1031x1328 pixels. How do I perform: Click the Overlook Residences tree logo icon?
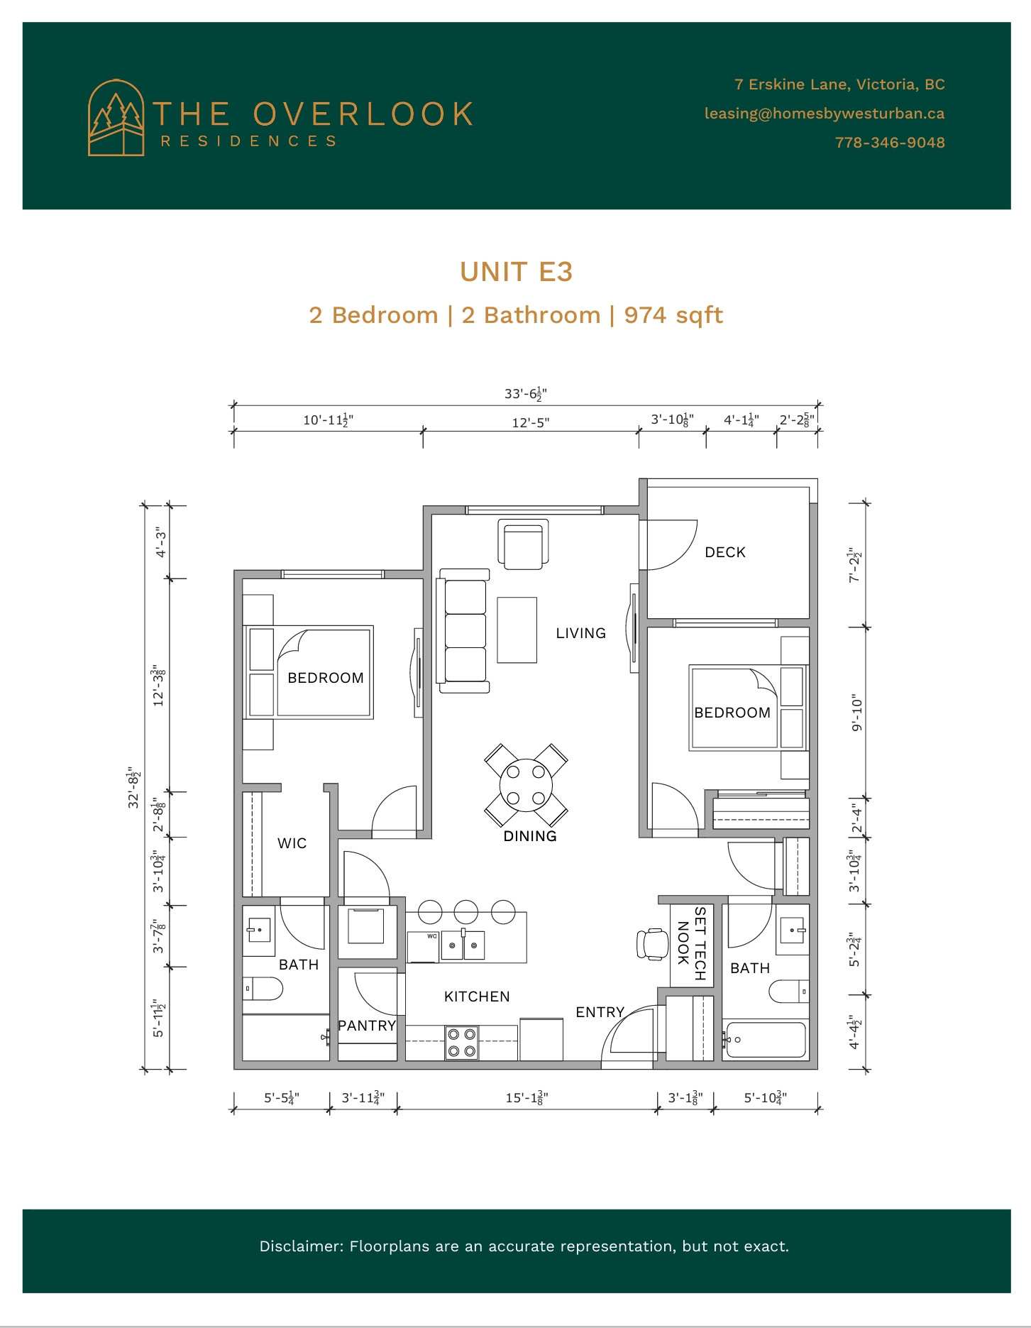(x=116, y=117)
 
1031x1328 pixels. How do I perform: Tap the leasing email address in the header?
(x=824, y=114)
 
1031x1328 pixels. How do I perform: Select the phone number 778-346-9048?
(x=890, y=143)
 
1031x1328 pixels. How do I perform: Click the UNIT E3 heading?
(x=516, y=272)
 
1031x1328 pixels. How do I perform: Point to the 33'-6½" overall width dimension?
(x=525, y=393)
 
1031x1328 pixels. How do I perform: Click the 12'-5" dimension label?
(x=531, y=422)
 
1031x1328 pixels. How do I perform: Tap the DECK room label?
(x=725, y=552)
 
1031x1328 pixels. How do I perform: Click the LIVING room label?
(x=580, y=633)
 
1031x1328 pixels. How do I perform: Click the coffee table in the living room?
(x=517, y=630)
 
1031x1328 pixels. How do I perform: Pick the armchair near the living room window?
(x=524, y=544)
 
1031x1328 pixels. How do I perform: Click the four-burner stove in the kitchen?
(x=461, y=1043)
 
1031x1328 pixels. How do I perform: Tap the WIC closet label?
(x=292, y=843)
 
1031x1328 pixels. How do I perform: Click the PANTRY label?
(x=367, y=1026)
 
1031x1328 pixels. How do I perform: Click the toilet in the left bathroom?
(x=263, y=988)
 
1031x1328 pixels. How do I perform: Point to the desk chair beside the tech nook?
(x=653, y=944)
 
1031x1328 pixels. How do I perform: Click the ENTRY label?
(x=600, y=1012)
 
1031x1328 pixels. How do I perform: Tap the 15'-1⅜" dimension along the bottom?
(x=526, y=1097)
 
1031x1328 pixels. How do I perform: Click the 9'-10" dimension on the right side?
(x=857, y=713)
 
